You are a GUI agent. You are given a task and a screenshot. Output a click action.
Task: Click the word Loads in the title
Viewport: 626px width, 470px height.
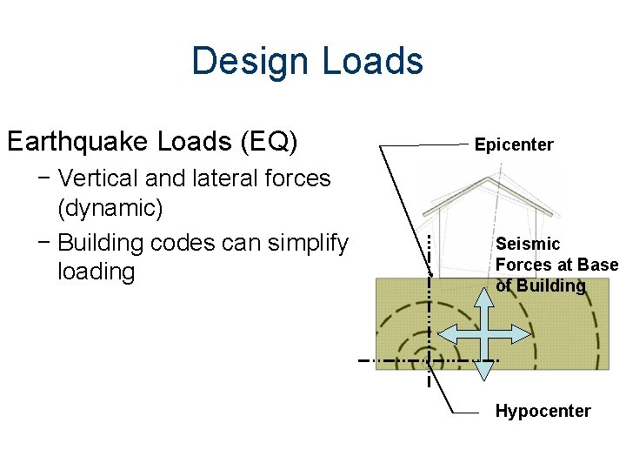point(372,62)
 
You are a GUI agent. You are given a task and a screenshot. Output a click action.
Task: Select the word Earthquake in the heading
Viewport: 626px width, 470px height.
point(78,140)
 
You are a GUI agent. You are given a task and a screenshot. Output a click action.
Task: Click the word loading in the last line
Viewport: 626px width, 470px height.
point(96,272)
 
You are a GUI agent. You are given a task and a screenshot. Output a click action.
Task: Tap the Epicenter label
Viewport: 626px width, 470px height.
point(514,144)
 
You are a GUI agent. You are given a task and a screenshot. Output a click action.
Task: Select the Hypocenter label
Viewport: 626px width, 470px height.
point(543,411)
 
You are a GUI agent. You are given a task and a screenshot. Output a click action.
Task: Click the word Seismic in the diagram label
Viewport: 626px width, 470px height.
point(528,244)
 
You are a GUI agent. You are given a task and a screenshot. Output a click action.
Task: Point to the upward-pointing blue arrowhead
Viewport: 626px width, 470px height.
point(485,294)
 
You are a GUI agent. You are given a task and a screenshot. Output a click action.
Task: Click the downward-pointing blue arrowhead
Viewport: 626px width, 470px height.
point(485,370)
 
